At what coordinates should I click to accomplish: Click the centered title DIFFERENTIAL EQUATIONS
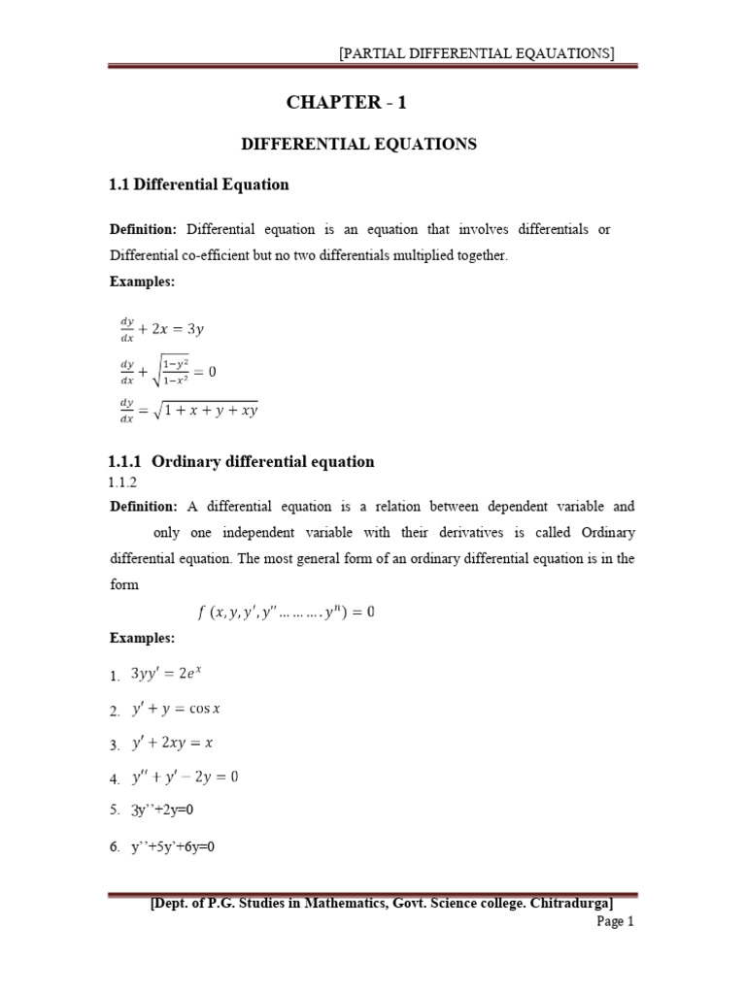pos(358,144)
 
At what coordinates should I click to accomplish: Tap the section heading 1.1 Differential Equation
pos(199,183)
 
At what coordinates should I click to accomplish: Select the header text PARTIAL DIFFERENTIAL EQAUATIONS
pos(476,54)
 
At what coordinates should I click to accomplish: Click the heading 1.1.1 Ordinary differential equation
pos(241,461)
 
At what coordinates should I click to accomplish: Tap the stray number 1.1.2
pos(122,481)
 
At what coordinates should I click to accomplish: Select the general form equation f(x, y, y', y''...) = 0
pos(285,612)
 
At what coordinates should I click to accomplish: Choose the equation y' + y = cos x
pos(177,709)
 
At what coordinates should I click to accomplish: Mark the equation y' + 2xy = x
pos(173,744)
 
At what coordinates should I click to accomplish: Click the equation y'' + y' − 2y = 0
pos(185,777)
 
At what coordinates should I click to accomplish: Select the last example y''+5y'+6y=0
pos(174,846)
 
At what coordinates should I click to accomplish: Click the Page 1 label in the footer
pos(614,922)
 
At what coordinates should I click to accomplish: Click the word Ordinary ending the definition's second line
pos(607,533)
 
